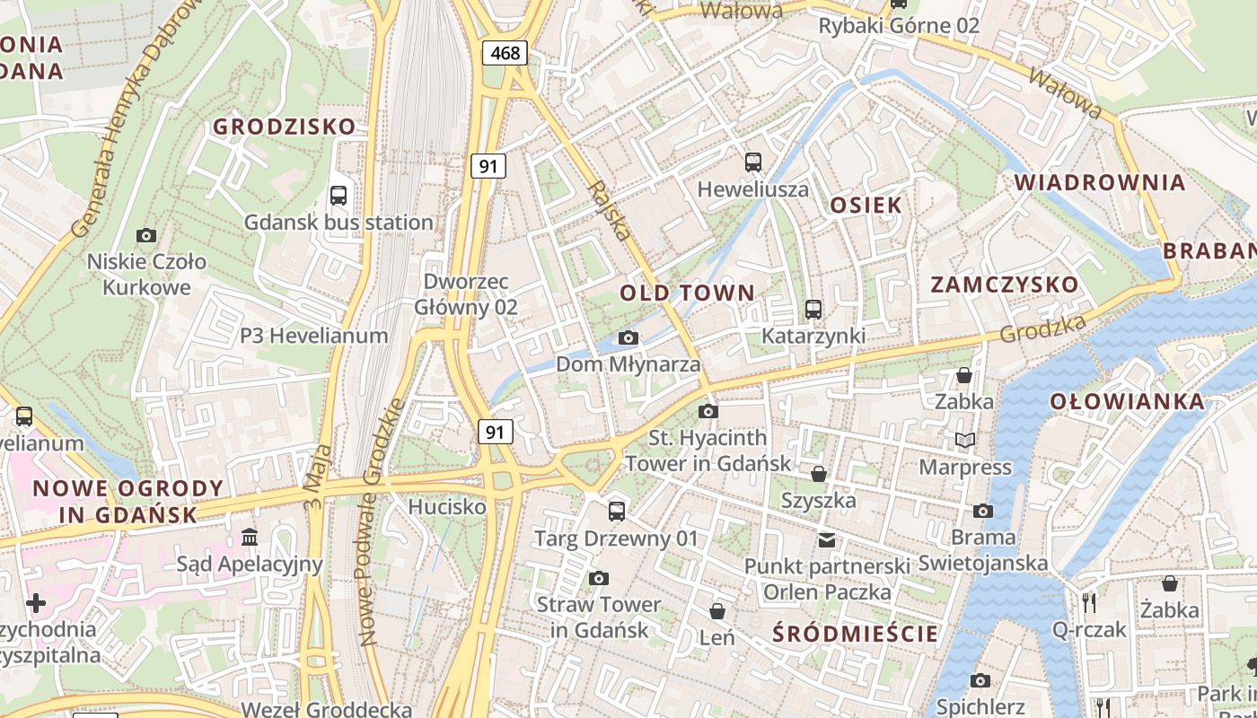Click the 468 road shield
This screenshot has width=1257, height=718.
505,53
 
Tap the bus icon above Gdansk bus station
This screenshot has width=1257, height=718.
338,195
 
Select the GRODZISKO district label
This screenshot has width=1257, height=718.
284,127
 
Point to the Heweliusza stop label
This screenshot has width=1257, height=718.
753,189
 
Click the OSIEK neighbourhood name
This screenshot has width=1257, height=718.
866,205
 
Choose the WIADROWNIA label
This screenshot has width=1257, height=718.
1100,182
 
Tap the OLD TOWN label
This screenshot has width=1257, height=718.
688,293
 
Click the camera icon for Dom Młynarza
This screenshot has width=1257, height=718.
628,338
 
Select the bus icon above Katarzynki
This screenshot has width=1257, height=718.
813,309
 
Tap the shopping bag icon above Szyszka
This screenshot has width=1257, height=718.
819,473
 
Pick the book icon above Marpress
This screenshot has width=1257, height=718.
965,440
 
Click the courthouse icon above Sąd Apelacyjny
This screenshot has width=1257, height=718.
250,537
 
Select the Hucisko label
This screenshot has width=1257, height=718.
446,507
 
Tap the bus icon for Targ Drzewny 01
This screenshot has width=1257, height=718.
616,512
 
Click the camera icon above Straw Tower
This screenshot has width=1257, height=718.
599,578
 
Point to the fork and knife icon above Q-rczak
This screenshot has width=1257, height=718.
1089,602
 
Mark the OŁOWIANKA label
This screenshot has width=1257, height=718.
1127,401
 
